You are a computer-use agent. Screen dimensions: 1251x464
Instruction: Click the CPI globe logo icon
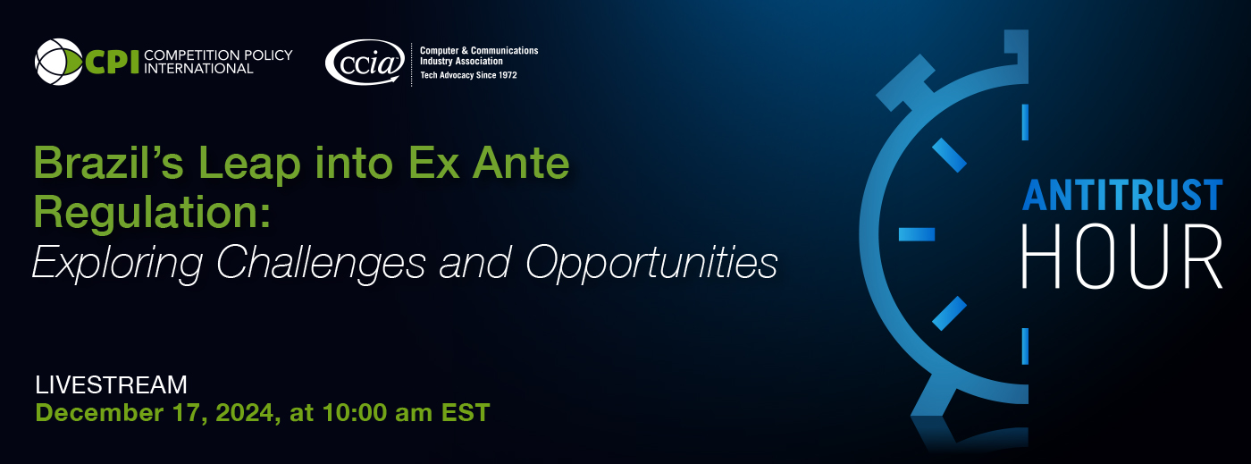[x=59, y=62]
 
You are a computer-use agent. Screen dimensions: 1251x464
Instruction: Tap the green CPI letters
[x=111, y=62]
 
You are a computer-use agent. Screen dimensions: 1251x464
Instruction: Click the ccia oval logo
[x=365, y=62]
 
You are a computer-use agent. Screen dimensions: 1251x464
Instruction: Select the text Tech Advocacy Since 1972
[x=468, y=75]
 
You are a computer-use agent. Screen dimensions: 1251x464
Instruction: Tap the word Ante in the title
[x=520, y=163]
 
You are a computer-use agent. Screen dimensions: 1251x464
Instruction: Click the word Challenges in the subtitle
[x=321, y=264]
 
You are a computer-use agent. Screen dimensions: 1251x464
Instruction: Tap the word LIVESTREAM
[x=111, y=385]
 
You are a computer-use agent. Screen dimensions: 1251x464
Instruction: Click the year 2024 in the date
[x=245, y=413]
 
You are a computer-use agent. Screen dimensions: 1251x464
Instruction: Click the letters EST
[x=466, y=413]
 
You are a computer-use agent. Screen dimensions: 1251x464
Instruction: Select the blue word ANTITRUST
[x=1122, y=195]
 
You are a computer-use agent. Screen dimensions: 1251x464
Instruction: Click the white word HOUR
[x=1122, y=257]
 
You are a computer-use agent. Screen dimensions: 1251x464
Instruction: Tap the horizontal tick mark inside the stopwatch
[x=917, y=234]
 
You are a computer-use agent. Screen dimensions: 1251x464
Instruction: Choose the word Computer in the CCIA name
[x=439, y=50]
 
